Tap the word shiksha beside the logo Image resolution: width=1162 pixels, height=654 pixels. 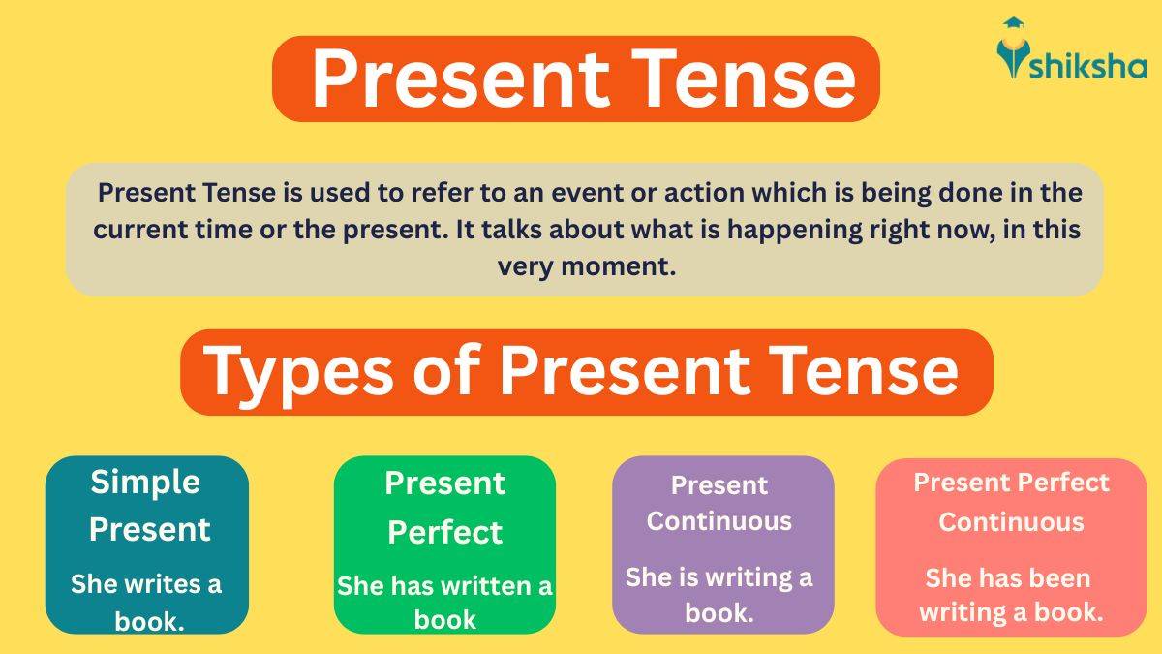[1090, 65]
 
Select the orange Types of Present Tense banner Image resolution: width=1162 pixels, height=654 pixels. [586, 372]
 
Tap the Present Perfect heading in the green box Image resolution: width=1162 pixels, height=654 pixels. [444, 507]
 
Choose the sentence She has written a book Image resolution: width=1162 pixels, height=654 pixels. [444, 603]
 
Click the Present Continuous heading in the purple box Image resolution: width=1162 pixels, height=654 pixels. [719, 503]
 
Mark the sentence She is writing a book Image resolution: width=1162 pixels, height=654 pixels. [719, 595]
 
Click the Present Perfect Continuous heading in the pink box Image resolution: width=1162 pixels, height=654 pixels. [1011, 502]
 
